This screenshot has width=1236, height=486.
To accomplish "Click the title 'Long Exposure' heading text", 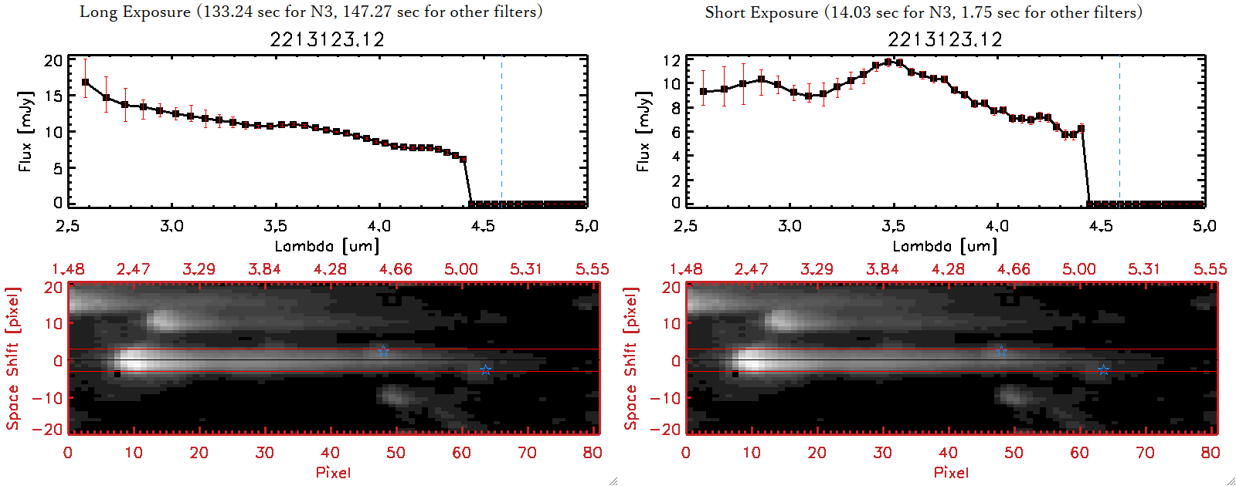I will point(135,12).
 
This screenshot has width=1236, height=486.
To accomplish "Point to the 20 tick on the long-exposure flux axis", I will point(53,60).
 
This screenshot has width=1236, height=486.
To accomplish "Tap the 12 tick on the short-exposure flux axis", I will point(671,60).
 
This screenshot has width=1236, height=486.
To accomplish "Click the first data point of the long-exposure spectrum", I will point(85,82).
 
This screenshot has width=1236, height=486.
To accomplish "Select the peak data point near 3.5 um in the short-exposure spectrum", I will point(888,62).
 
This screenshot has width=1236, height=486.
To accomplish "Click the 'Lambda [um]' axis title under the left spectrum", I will point(327,246).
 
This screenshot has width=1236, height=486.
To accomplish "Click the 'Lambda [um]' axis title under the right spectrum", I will point(945,246).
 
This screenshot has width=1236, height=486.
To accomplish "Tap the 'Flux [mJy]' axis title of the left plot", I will point(25,132).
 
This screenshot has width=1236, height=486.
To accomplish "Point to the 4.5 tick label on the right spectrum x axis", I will point(1101,226).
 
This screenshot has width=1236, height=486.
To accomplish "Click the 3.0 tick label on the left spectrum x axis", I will point(171,226).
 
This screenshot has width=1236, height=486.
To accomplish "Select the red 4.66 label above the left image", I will point(396,269).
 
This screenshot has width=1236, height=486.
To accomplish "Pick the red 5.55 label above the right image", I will point(1210,269).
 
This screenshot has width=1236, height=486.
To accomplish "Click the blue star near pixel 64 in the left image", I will point(485,370).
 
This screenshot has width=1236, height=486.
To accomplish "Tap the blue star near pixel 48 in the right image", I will point(1001,351).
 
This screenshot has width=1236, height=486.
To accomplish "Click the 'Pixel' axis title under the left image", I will point(333,472).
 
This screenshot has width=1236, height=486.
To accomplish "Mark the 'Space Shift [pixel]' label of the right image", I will point(631,359).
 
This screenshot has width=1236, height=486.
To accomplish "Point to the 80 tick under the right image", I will point(1211,453).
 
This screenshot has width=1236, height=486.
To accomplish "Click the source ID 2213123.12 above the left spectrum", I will point(327,39).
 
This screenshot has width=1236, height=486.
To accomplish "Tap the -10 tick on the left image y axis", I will point(47,397).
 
